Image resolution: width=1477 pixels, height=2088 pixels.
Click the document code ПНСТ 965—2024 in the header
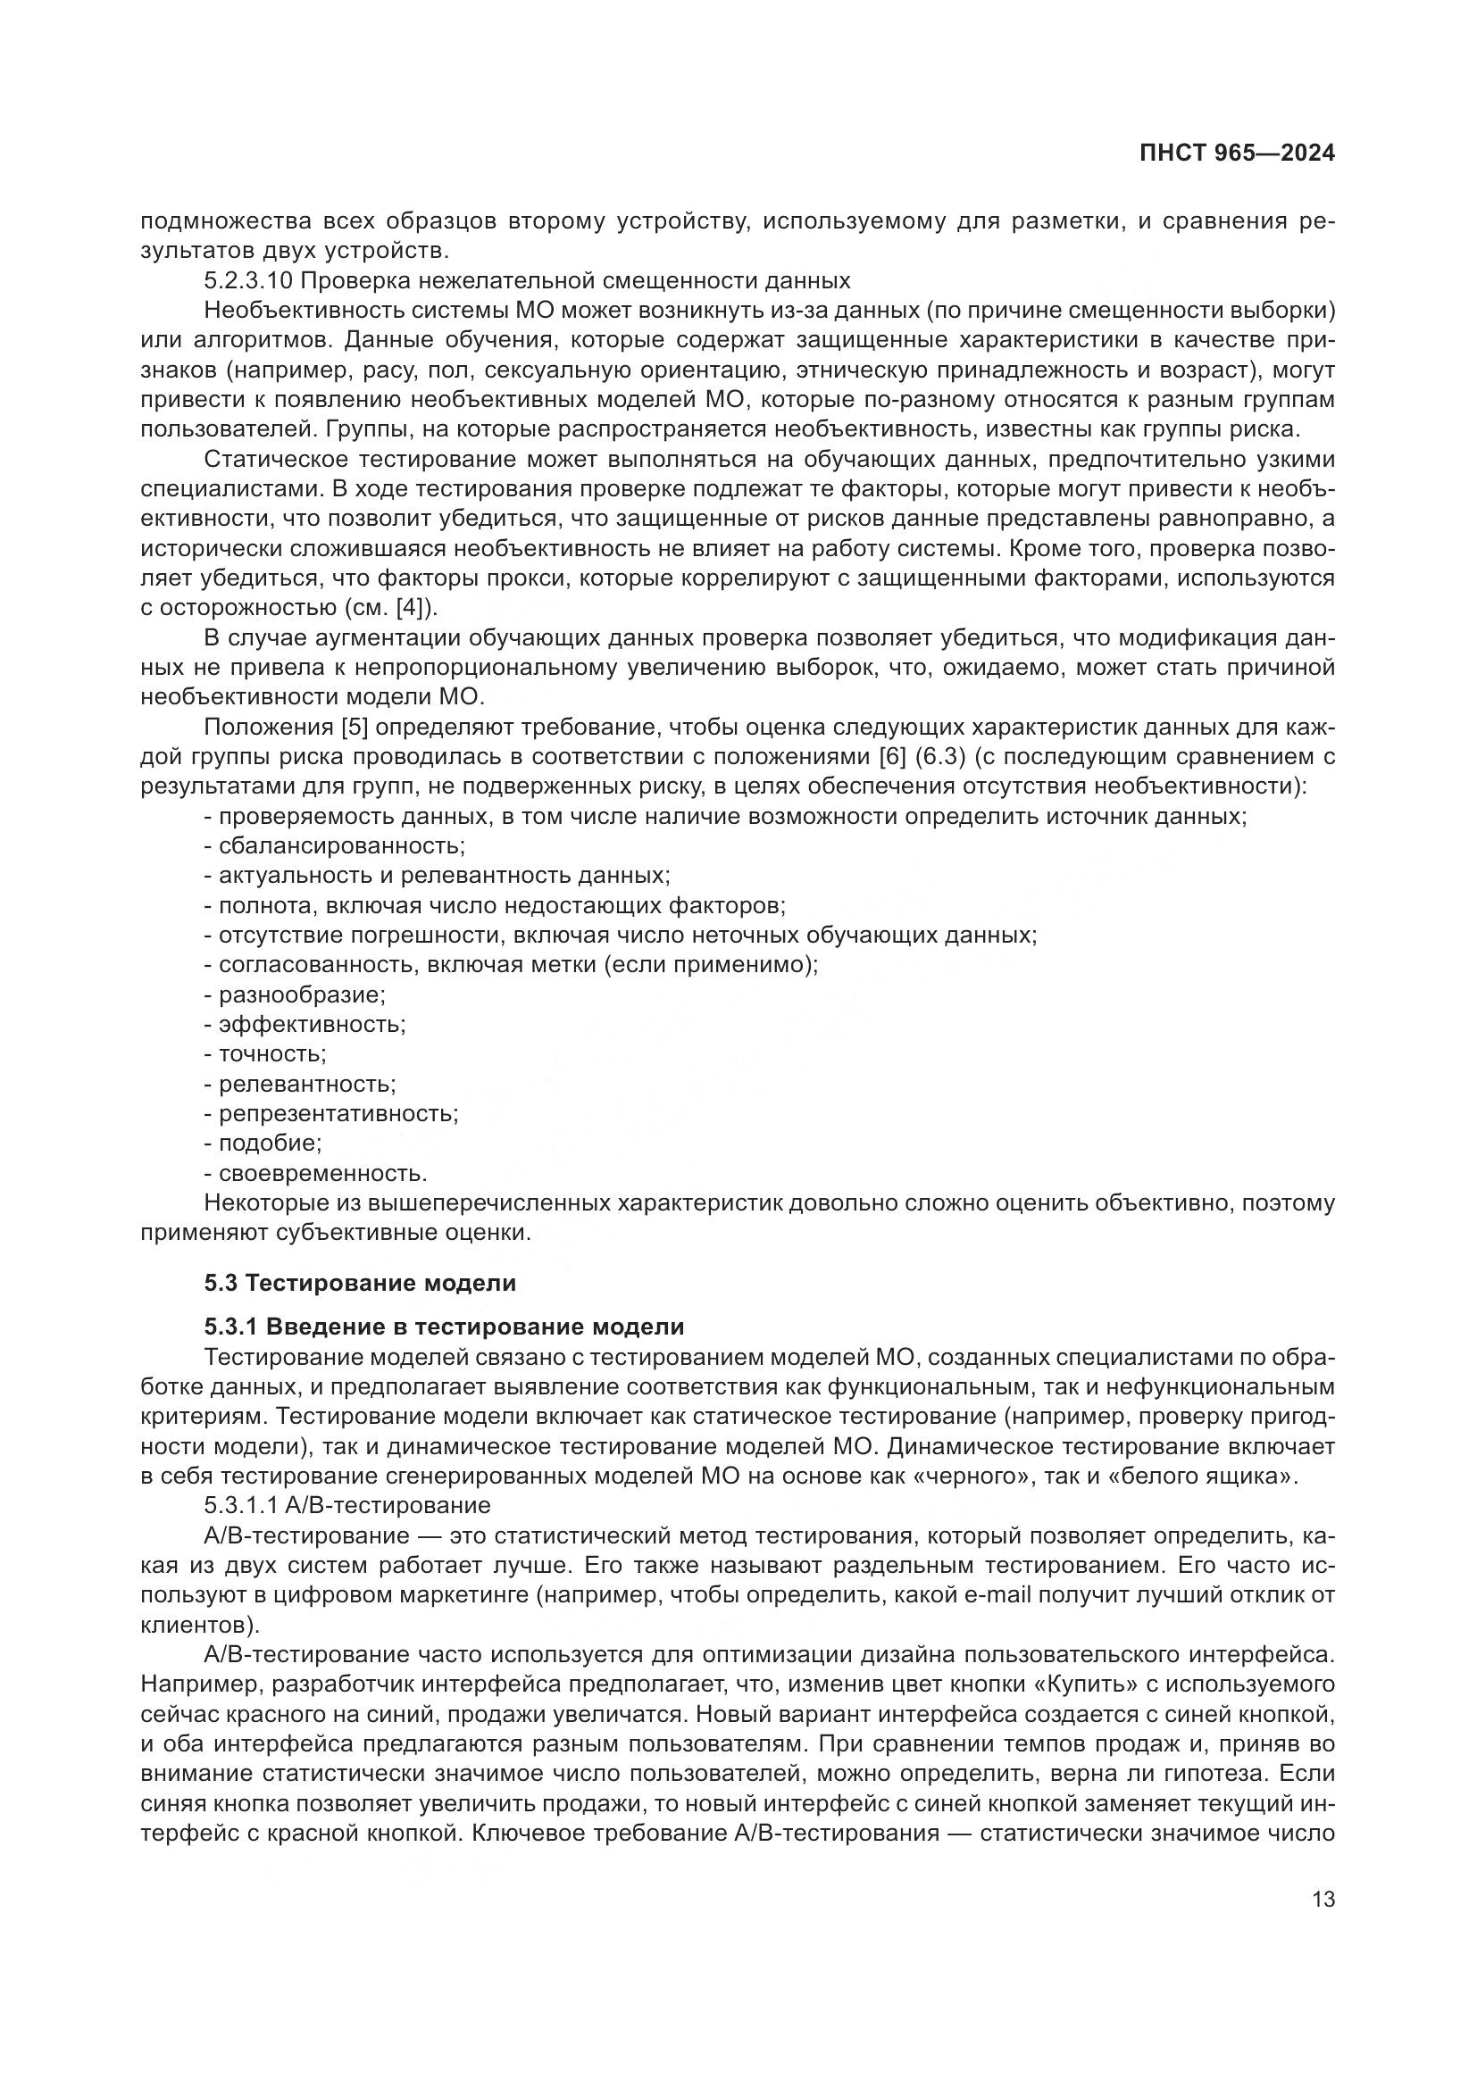point(1237,154)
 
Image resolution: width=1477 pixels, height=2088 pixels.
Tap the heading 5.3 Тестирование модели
point(360,1283)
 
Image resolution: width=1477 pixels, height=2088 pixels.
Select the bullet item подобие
point(270,1144)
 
